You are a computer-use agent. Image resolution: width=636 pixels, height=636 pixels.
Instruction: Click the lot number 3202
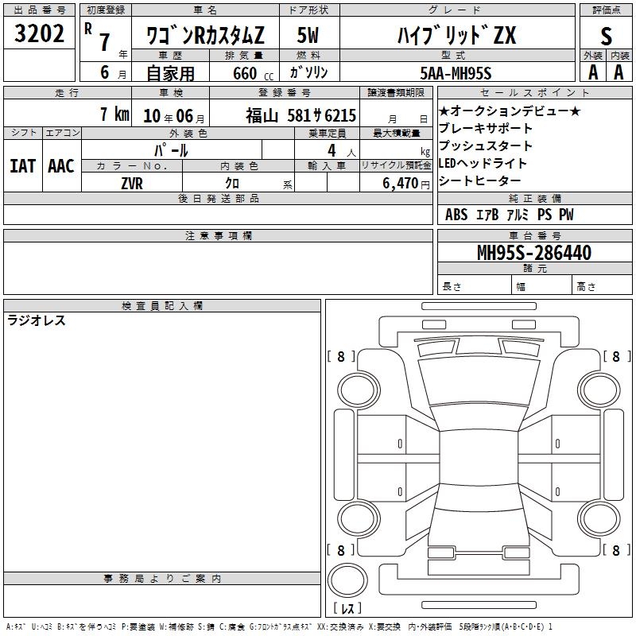(x=39, y=33)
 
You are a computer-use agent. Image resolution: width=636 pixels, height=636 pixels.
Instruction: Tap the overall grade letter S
(x=606, y=36)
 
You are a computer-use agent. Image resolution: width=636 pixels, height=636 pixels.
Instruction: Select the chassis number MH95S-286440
(x=534, y=253)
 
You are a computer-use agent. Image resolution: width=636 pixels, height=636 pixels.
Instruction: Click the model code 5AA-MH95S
(x=456, y=73)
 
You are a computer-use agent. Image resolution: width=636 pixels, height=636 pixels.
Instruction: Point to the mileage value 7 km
(x=114, y=114)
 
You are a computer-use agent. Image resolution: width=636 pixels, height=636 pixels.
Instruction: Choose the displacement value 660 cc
(x=253, y=74)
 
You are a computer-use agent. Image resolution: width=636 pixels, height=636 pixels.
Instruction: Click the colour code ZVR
(x=132, y=184)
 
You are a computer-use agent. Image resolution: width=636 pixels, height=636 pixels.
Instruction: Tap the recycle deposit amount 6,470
(x=401, y=184)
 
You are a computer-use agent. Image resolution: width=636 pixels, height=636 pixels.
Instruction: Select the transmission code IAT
(x=23, y=166)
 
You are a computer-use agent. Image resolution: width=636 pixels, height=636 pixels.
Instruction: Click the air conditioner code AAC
(x=61, y=166)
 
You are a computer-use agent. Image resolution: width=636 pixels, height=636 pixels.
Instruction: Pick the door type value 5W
(x=308, y=35)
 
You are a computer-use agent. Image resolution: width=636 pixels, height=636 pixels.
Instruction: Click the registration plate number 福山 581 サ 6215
(x=301, y=115)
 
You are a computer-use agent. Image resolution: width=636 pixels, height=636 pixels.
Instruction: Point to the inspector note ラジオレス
(x=37, y=320)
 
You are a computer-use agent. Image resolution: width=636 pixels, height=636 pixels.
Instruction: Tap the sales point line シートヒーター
(x=480, y=181)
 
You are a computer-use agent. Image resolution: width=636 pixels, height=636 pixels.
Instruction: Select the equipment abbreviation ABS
(x=456, y=215)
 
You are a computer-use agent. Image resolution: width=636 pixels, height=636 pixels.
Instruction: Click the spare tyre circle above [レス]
(x=347, y=580)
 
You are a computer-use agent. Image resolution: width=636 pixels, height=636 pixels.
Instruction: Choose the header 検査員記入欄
(x=162, y=306)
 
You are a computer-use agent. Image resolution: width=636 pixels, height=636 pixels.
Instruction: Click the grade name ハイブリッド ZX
(x=457, y=35)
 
